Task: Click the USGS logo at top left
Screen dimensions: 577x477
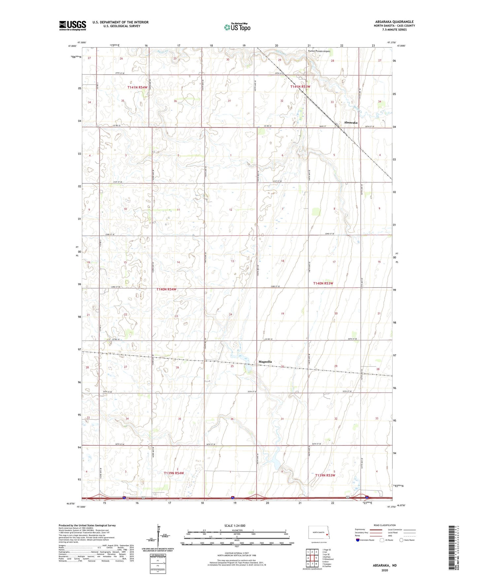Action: pos(73,25)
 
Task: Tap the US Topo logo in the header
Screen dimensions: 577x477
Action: pos(237,27)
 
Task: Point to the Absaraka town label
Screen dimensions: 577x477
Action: pos(351,123)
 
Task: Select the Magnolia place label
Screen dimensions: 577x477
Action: pos(265,362)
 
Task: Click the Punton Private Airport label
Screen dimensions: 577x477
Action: pos(319,51)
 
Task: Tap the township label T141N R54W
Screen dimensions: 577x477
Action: pos(137,87)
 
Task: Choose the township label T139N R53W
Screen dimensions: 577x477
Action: pos(325,475)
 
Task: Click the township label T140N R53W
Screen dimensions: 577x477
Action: pos(323,283)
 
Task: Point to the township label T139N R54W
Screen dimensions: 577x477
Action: pos(174,473)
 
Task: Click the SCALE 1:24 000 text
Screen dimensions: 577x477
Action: pos(235,525)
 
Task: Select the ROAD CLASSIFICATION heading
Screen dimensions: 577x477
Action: pos(385,525)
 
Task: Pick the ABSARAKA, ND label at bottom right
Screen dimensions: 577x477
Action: pos(385,565)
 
